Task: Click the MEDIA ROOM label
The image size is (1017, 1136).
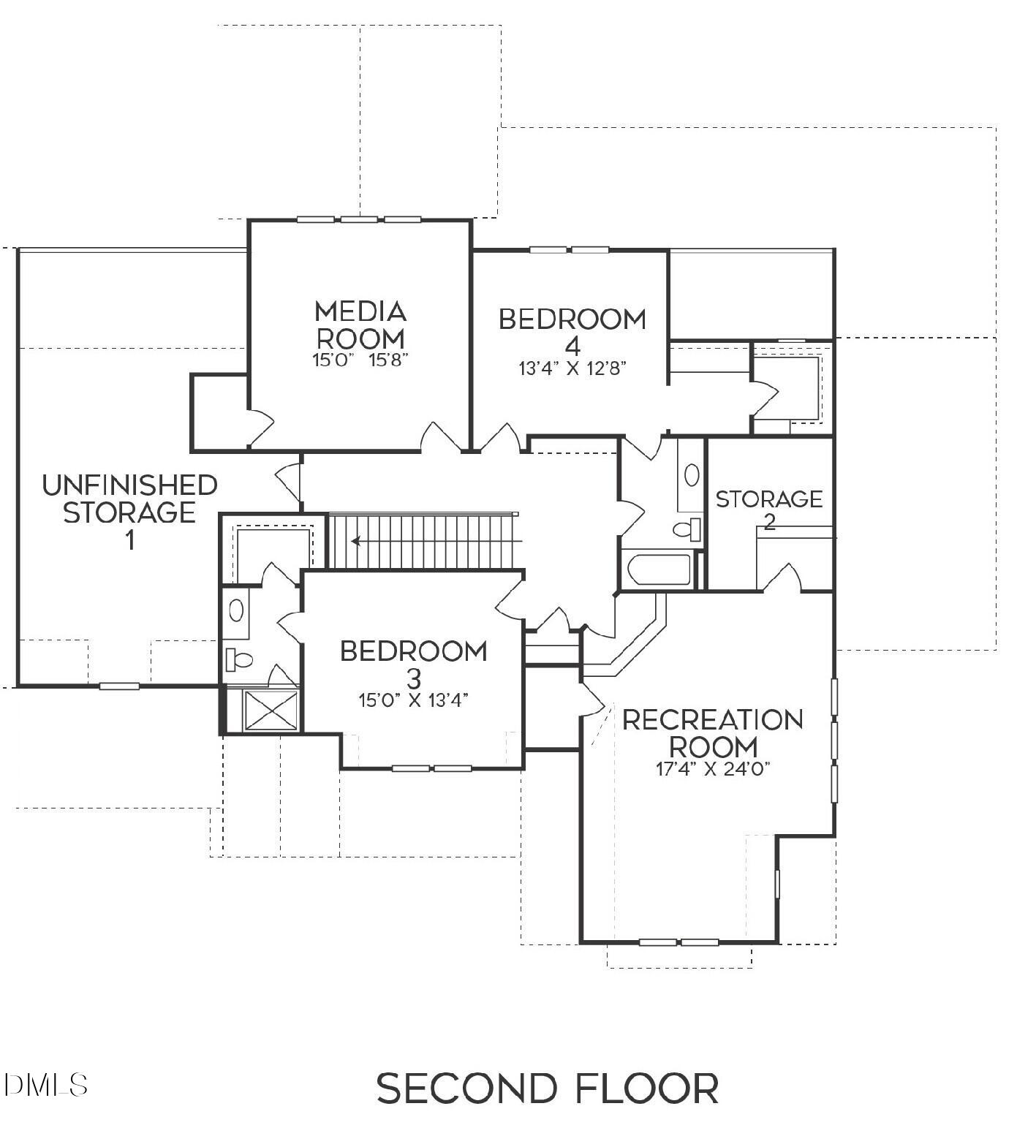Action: tap(360, 325)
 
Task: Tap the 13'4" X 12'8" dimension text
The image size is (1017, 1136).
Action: tap(573, 368)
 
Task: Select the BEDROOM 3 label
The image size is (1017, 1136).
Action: tap(414, 662)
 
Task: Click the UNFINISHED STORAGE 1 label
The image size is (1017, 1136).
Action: tap(129, 511)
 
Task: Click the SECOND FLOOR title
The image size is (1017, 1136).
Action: tap(548, 1088)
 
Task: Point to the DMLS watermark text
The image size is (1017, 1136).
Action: tap(45, 1084)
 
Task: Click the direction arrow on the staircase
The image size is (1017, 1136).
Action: tap(358, 542)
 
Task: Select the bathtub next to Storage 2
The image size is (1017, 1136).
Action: tap(658, 569)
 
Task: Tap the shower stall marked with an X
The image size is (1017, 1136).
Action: tap(271, 710)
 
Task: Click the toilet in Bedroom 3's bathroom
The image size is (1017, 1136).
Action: tap(238, 659)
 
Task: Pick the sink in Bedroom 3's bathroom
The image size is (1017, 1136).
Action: tap(236, 610)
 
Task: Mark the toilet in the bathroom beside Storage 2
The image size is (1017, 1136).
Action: tap(687, 528)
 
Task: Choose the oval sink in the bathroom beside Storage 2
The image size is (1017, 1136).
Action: tap(691, 475)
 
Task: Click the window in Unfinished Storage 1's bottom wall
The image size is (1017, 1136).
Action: tap(119, 686)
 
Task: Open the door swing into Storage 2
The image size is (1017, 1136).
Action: tap(782, 578)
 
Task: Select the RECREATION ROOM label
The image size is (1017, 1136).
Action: tap(713, 733)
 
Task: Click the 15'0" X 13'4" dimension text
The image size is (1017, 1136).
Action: tap(413, 700)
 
